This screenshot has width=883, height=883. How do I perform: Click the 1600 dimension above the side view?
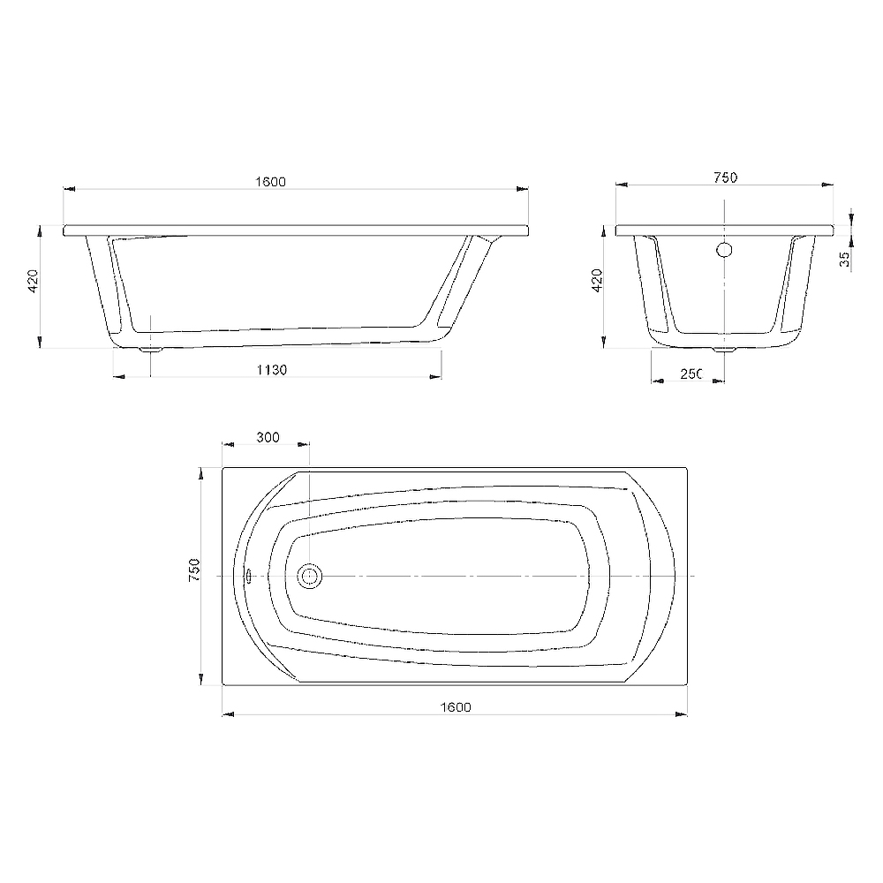[x=270, y=182]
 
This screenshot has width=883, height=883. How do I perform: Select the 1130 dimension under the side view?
[x=271, y=370]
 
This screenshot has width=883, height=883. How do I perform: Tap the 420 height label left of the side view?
[x=33, y=281]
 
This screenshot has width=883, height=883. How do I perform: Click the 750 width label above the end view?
[x=725, y=177]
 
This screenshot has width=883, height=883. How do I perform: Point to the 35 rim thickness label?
[x=844, y=259]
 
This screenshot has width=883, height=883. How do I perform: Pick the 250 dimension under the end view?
[x=691, y=374]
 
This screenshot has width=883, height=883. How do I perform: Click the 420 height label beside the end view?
[x=597, y=281]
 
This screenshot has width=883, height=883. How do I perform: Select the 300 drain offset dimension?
[x=268, y=438]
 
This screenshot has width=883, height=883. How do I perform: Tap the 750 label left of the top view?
[x=194, y=570]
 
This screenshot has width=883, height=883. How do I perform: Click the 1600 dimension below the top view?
[x=456, y=707]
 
